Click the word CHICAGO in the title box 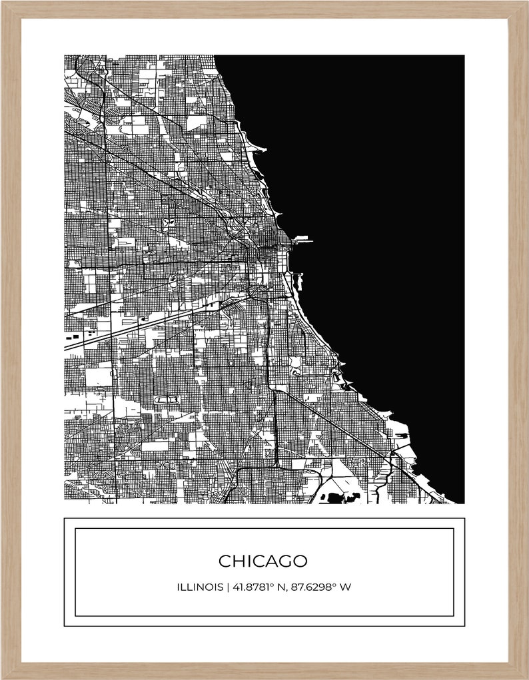(x=263, y=561)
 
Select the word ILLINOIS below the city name (x=200, y=587)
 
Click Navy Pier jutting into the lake (x=302, y=238)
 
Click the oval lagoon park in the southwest (x=167, y=399)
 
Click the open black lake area (x=386, y=200)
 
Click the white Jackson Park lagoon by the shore (x=337, y=380)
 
